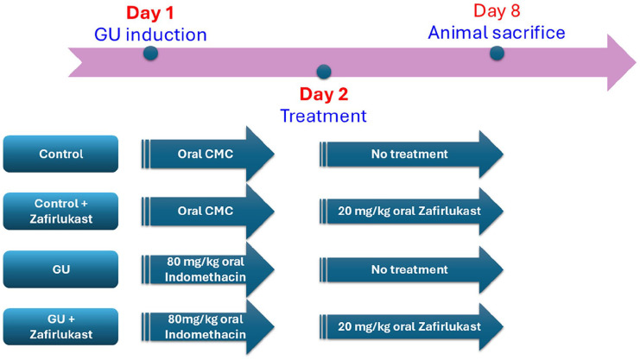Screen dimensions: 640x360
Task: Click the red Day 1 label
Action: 149,13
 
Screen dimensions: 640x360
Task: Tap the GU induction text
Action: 150,35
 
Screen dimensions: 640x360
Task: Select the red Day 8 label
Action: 497,11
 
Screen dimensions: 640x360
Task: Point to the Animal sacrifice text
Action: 497,33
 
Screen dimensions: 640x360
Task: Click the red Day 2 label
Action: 324,94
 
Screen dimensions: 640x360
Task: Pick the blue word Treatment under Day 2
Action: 323,116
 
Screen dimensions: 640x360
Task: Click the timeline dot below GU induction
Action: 150,53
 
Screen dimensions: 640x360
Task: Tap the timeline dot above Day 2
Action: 324,72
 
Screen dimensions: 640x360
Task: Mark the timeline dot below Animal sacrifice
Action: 497,53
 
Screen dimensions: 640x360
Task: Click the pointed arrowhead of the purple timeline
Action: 636,62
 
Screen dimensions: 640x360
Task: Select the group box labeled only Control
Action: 60,154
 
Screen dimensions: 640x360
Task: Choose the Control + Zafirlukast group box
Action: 60,211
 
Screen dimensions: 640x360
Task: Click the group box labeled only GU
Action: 60,269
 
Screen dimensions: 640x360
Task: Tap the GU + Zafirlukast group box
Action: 60,326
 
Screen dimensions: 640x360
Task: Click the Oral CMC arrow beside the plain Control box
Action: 208,154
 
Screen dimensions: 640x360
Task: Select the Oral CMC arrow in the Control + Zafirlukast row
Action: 208,211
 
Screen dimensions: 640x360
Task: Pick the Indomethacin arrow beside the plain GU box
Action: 208,269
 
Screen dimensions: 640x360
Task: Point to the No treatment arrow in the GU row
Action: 411,269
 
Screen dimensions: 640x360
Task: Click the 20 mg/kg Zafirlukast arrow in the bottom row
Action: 411,326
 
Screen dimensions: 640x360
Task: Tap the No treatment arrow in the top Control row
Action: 411,154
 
